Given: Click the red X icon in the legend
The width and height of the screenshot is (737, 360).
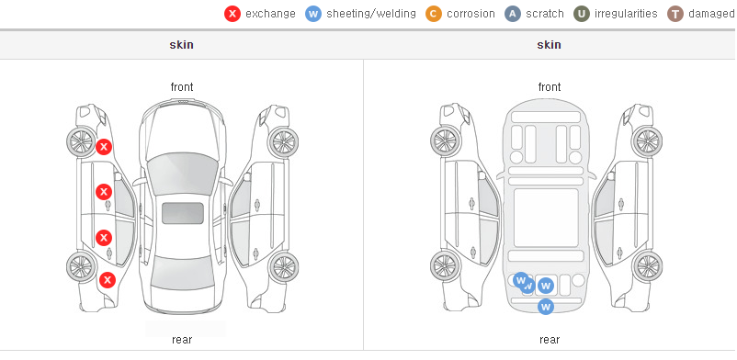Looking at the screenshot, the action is (232, 14).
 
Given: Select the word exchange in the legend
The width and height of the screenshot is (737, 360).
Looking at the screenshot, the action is (270, 14).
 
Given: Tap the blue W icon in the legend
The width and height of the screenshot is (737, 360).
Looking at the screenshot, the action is (313, 14).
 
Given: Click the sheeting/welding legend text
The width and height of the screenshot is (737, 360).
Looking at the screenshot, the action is (371, 14).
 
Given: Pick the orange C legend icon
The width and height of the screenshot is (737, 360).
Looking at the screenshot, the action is (434, 14).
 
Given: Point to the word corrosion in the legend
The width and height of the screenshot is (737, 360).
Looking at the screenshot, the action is (471, 14).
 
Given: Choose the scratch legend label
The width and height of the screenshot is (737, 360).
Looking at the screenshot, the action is (545, 14).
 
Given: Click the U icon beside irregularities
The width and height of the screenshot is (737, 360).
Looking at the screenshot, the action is (582, 14).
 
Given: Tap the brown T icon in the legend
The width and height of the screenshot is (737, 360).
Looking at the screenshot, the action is (675, 14).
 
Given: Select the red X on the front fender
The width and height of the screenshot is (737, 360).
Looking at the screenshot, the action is (104, 147).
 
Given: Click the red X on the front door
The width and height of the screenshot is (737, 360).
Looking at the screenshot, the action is (104, 192).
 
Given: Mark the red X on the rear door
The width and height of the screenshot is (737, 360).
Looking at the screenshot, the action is (104, 238).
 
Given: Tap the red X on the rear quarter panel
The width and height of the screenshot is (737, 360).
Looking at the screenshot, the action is (108, 281).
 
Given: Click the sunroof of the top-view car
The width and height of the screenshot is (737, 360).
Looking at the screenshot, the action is (183, 213).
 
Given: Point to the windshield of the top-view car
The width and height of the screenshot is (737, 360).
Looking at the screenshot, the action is (182, 171).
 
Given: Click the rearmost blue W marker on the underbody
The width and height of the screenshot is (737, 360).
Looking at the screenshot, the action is (545, 307).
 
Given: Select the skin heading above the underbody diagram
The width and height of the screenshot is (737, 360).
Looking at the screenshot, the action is (549, 45).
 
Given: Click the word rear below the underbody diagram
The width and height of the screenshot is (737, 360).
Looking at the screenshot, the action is (550, 339).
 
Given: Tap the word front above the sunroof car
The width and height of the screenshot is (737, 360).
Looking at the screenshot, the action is (182, 87).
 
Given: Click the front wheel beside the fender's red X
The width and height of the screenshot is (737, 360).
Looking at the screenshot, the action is (80, 141).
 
